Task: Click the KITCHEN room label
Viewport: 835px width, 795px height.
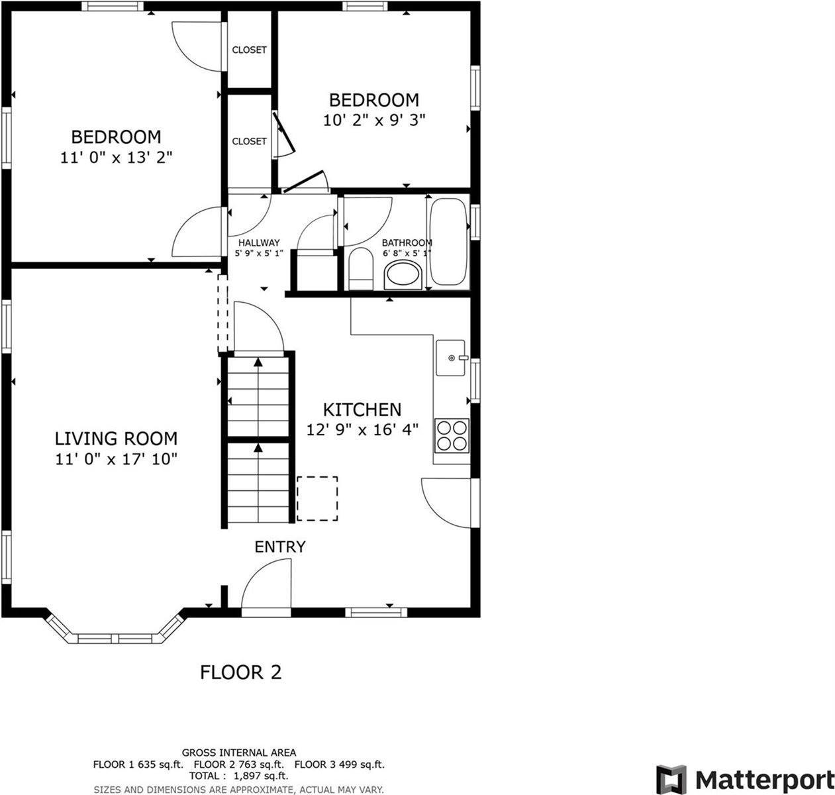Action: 362,409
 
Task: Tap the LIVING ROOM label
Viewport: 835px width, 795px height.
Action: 116,439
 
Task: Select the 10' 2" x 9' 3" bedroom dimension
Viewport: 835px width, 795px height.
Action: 374,121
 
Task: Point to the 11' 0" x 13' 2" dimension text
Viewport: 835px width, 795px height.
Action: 117,158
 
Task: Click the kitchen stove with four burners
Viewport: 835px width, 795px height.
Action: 452,435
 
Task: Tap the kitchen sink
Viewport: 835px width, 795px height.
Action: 451,358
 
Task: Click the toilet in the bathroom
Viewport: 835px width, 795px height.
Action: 361,268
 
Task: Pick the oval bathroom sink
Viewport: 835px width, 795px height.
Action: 403,274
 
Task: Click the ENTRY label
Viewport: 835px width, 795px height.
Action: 280,547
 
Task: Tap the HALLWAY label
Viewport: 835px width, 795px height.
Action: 259,242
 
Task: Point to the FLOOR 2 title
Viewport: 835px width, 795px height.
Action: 241,672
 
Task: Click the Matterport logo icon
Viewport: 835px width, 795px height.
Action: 671,780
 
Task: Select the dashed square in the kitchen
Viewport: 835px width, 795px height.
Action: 317,498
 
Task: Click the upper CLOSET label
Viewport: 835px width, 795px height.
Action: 250,50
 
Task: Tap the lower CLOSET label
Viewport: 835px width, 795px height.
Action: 250,141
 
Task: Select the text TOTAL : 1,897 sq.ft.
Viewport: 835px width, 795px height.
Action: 238,776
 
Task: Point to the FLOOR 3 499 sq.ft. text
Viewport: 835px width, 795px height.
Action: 339,765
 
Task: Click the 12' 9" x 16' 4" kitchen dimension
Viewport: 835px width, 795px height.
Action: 363,429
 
